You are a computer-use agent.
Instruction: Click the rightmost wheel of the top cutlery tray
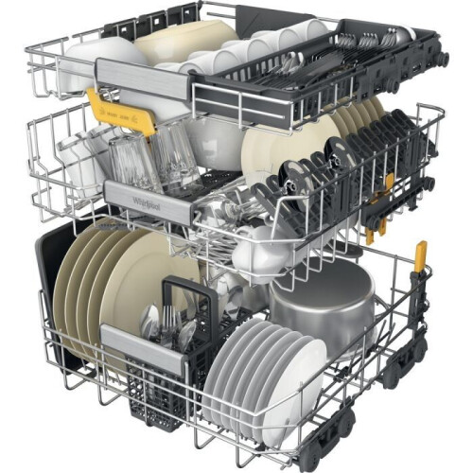(441, 59)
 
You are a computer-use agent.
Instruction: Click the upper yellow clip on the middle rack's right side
(388, 184)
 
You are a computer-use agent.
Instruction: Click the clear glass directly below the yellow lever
(132, 156)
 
